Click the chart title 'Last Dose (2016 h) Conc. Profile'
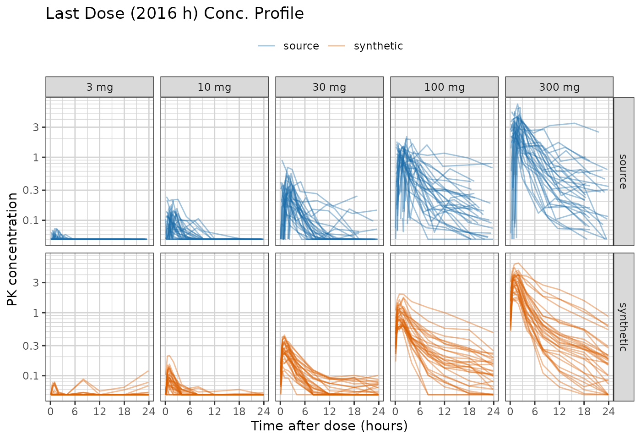click(x=174, y=13)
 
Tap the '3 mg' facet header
click(x=100, y=87)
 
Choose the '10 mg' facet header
click(x=214, y=87)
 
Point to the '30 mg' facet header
click(x=329, y=87)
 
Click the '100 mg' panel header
click(x=445, y=87)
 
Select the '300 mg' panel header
click(x=560, y=87)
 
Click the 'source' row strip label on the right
click(x=623, y=171)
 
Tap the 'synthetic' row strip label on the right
click(x=623, y=327)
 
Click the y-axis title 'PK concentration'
click(x=12, y=249)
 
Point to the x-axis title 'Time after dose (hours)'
click(x=329, y=426)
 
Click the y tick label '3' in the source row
click(x=36, y=127)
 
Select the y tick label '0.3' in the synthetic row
click(x=31, y=346)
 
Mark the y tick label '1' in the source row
click(x=36, y=157)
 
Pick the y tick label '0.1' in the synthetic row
click(x=31, y=376)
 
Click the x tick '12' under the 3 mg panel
click(x=100, y=412)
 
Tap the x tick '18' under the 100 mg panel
click(x=469, y=412)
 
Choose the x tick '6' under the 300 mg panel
click(x=535, y=412)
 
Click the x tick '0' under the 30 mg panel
click(x=280, y=412)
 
